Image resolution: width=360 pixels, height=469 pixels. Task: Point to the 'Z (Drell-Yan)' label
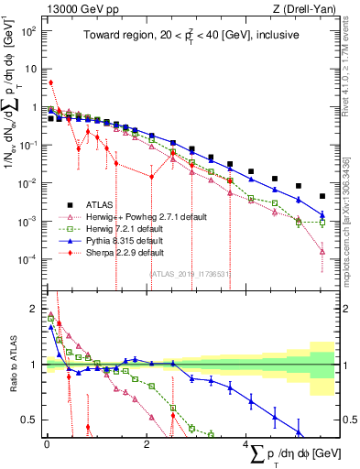point(303,9)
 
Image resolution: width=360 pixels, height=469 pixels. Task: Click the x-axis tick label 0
point(47,446)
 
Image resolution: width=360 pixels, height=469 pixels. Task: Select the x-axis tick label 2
point(147,446)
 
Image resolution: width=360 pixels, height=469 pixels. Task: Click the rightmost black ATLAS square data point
point(322,196)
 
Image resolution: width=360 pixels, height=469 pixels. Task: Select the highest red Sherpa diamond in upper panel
point(51,82)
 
